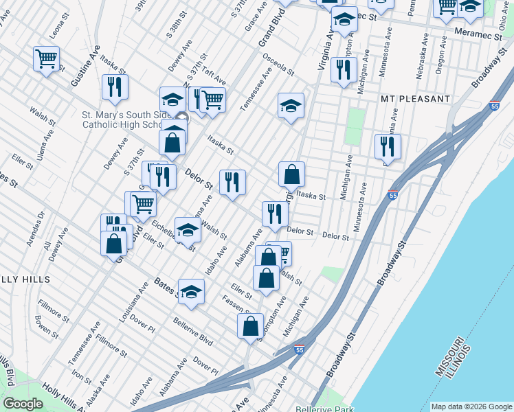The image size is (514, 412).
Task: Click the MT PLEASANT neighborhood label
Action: (x=415, y=99)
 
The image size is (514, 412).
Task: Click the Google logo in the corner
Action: (x=22, y=404)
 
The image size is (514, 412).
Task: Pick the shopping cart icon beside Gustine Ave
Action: (x=46, y=58)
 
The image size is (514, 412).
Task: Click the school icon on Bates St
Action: (x=192, y=290)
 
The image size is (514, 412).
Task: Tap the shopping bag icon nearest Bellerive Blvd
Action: (x=251, y=325)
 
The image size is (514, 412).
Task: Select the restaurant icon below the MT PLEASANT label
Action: (x=388, y=146)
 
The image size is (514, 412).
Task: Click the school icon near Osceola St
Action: (x=291, y=105)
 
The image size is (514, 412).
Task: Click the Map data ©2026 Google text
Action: (x=471, y=407)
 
